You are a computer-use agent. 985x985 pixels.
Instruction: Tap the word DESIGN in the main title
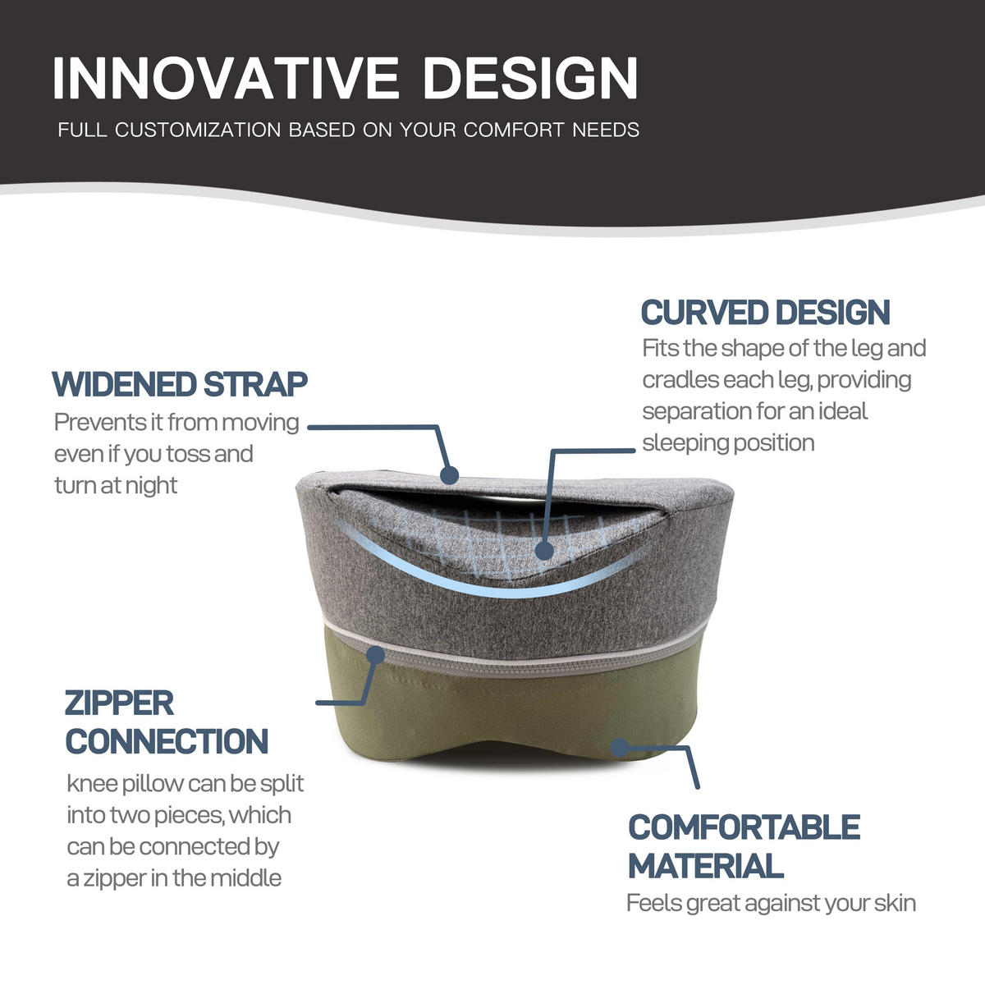tap(530, 77)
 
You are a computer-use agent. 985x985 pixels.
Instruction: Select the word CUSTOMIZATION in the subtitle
tap(198, 130)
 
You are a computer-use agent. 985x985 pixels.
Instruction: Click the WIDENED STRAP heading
tap(180, 384)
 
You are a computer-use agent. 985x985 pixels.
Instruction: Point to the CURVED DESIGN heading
tap(765, 312)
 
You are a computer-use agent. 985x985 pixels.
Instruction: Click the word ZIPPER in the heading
tap(120, 703)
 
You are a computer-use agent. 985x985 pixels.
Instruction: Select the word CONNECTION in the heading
tap(167, 741)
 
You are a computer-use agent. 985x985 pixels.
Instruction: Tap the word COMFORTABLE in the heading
tap(744, 827)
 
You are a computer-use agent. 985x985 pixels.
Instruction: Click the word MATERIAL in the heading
tap(706, 865)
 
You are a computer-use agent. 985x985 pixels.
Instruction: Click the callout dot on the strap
tap(449, 475)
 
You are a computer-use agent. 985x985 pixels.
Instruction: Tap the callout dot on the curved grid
tap(544, 551)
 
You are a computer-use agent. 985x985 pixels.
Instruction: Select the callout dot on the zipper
tap(376, 655)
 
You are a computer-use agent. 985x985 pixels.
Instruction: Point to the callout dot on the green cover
tap(620, 748)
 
